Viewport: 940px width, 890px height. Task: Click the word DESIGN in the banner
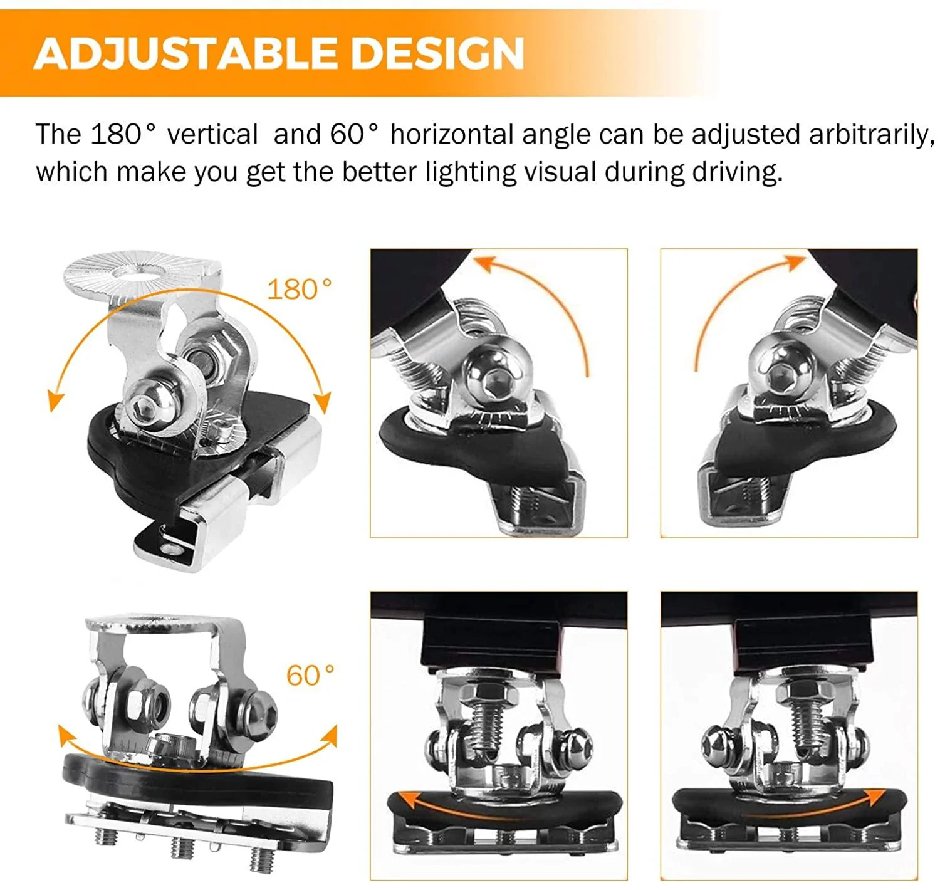coord(437,53)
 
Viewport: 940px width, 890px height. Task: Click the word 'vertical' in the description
coord(212,135)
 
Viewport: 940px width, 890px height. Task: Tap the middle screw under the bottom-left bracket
coord(182,846)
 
